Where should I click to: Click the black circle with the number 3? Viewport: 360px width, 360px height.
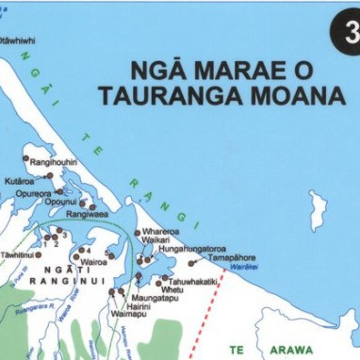tap(346, 29)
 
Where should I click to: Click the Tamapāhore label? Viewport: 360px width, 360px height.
tap(233, 256)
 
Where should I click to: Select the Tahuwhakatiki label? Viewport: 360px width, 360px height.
tap(194, 280)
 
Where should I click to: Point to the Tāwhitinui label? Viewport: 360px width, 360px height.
tap(18, 254)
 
